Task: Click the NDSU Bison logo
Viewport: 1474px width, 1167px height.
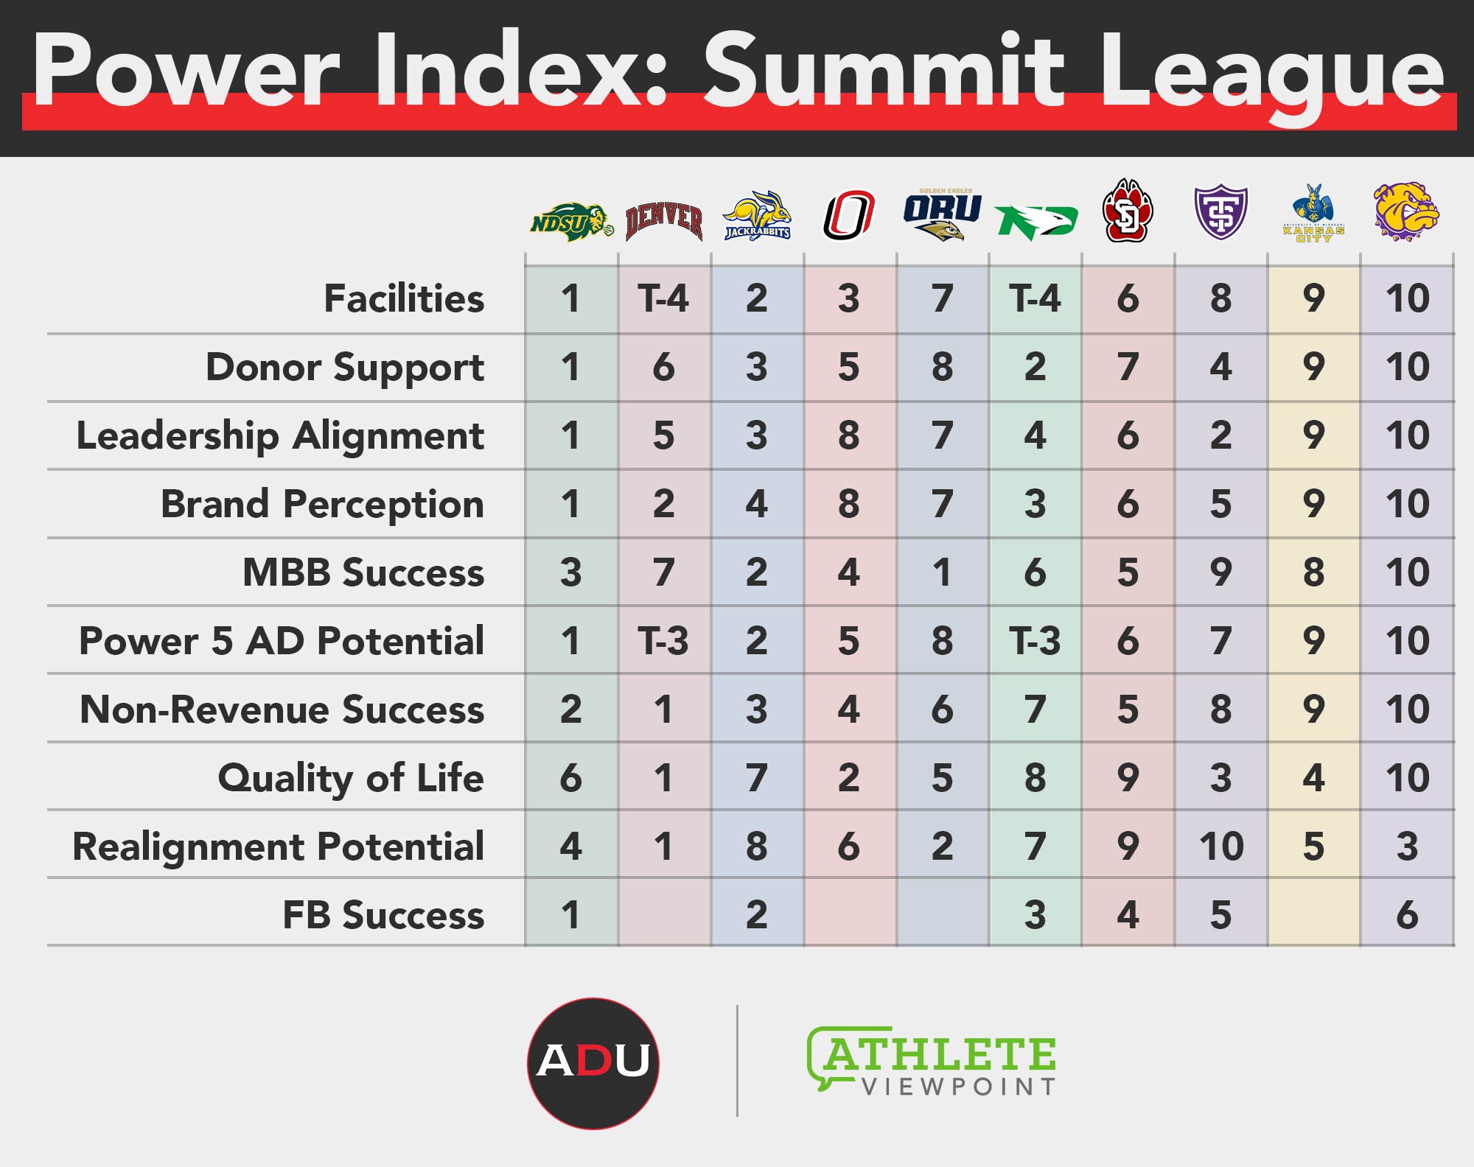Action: [x=572, y=221]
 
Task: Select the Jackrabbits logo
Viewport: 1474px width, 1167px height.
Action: [x=757, y=216]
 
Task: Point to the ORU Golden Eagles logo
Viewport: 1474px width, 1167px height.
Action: [x=943, y=214]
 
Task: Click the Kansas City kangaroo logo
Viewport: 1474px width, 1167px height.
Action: [x=1314, y=214]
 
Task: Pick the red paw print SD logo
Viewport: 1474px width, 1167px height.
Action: [x=1128, y=211]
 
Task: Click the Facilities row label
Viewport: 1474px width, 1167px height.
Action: [x=404, y=298]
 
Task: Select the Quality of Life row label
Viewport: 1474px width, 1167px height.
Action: [x=351, y=779]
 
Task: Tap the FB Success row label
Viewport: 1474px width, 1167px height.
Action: [x=383, y=915]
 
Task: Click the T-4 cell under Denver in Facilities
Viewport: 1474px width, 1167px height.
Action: [x=664, y=299]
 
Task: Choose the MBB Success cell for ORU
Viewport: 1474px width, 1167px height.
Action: [x=943, y=572]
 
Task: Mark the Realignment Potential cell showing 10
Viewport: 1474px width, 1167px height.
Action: [x=1221, y=846]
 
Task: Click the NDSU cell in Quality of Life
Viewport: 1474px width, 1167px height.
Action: [x=571, y=778]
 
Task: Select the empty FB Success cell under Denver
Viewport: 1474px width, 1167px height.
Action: [x=664, y=914]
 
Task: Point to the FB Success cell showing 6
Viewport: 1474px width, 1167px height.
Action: [x=1407, y=914]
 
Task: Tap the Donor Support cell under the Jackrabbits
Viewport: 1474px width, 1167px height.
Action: [x=757, y=367]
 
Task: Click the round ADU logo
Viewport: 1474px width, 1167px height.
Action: [x=593, y=1063]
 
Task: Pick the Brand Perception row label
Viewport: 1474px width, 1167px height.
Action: [x=322, y=505]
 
